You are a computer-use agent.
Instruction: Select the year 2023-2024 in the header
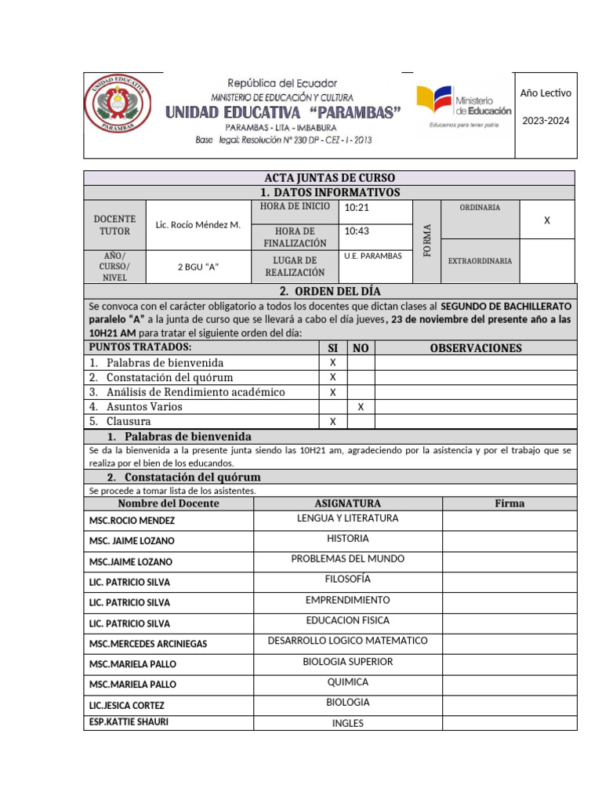pos(546,121)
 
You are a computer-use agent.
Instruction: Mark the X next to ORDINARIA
pos(547,221)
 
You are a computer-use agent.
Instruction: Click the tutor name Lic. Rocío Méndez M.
pos(198,225)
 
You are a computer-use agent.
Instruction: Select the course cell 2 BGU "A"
pos(198,267)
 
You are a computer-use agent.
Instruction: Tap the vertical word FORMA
pos(427,241)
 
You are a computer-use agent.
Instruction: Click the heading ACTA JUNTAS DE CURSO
pos(328,178)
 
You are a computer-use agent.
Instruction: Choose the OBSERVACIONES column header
pos(475,348)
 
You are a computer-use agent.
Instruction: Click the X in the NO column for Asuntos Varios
pos(361,407)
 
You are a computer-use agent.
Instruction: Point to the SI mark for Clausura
pos(332,422)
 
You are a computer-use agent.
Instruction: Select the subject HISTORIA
pos(347,539)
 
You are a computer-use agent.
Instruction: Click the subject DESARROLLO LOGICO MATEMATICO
pos(347,641)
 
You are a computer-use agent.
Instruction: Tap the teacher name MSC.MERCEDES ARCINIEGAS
pos(148,644)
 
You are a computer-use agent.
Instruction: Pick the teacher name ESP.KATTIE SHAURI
pos(129,721)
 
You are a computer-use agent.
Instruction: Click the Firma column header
pos(510,503)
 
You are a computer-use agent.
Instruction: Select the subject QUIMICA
pos(347,682)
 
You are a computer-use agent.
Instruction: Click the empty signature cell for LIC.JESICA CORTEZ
pos(510,703)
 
